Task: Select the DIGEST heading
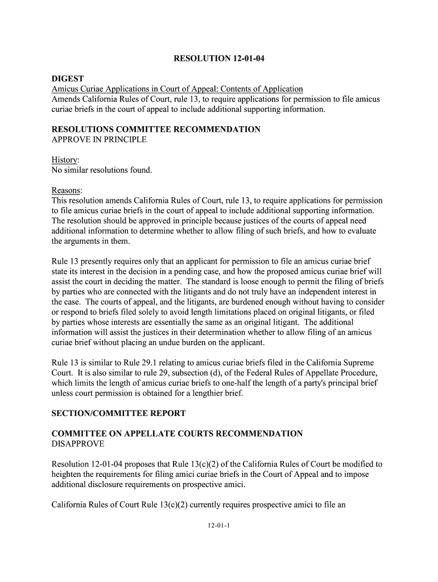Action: (x=68, y=78)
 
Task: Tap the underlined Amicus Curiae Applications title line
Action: (x=177, y=89)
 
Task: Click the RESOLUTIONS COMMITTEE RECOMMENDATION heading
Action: (x=156, y=130)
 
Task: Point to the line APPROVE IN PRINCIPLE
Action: (x=99, y=140)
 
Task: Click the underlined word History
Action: (x=65, y=160)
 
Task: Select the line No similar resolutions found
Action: (x=102, y=171)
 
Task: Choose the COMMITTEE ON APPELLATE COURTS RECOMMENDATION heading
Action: (x=177, y=434)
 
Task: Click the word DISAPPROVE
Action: (x=77, y=444)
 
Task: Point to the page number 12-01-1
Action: (x=218, y=525)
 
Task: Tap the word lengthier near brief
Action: (x=203, y=393)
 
